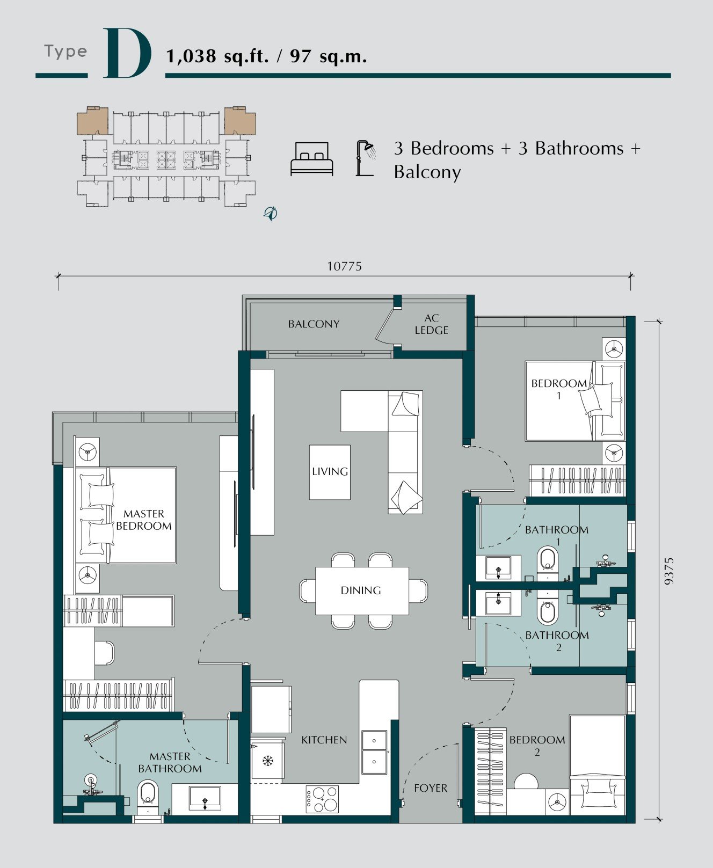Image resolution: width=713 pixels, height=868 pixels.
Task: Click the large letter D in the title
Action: (127, 53)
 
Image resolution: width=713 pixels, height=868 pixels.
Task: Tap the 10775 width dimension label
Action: (344, 266)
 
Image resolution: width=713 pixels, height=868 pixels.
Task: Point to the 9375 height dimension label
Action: (668, 571)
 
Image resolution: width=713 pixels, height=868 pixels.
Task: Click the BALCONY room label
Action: (314, 324)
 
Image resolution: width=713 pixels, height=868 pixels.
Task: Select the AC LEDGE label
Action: (431, 324)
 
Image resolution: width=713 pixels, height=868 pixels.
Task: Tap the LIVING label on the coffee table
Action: (330, 471)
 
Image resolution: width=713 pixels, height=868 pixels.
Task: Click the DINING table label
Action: (361, 590)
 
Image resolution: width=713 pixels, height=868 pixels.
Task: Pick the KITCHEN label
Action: (324, 740)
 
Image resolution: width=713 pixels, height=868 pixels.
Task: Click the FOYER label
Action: (431, 788)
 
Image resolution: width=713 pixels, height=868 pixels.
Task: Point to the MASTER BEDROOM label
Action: (144, 520)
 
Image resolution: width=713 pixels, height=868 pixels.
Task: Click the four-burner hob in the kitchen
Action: (322, 798)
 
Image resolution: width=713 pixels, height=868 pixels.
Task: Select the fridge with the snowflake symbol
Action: (267, 759)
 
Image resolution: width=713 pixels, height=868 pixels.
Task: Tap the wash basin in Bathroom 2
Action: (499, 603)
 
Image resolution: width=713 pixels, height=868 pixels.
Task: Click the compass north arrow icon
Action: (271, 213)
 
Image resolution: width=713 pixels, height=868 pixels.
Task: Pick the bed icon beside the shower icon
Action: (311, 159)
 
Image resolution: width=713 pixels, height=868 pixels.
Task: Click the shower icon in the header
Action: (366, 158)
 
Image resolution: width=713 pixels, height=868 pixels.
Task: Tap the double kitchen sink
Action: (374, 752)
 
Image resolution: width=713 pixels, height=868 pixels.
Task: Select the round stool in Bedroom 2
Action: (526, 782)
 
